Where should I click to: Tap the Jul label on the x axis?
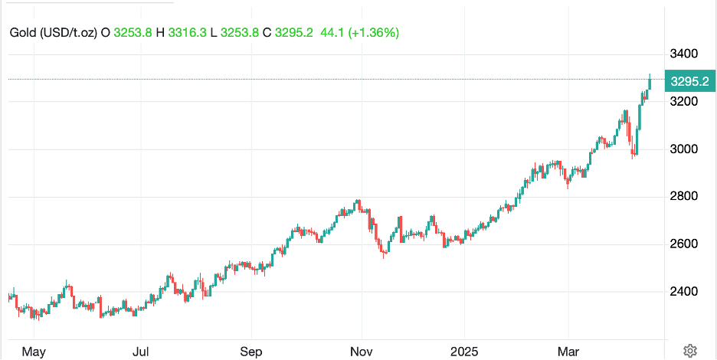(x=140, y=352)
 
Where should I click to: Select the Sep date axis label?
(x=251, y=352)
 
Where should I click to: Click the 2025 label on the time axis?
(x=464, y=352)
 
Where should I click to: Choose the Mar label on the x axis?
(x=568, y=352)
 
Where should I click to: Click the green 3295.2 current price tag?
(x=689, y=80)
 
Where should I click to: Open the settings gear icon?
(x=689, y=351)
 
